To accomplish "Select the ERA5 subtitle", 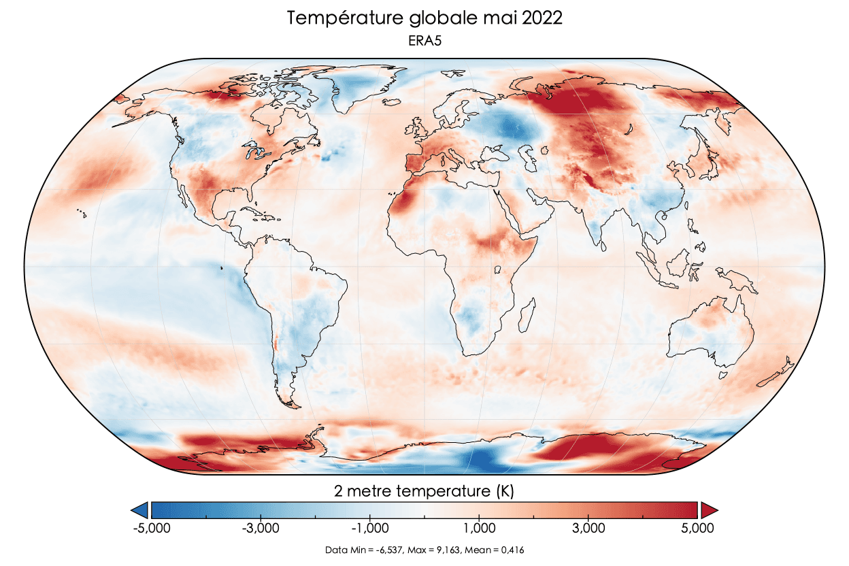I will [x=424, y=41].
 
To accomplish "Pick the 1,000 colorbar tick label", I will [x=479, y=528].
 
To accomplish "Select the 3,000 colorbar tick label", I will [x=588, y=528].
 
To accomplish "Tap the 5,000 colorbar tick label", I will [x=698, y=528].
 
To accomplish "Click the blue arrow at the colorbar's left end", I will [x=140, y=510].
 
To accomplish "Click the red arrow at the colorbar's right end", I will [x=709, y=510].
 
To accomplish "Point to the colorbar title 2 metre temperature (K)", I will [x=424, y=490].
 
